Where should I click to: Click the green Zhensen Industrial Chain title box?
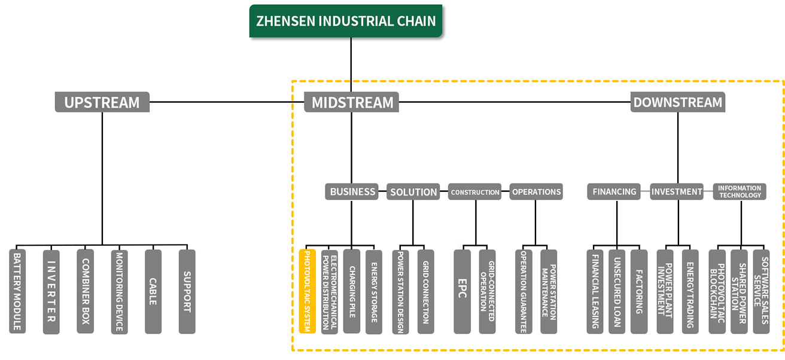pos(346,21)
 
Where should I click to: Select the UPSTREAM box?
pos(102,102)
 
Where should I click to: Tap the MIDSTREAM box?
pos(351,102)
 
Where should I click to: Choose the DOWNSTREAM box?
pos(678,102)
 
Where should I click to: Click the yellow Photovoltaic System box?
pos(308,291)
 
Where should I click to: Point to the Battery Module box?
pos(17,291)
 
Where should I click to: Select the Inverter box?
pos(51,291)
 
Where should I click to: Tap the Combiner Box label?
pos(85,291)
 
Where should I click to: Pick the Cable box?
pos(153,291)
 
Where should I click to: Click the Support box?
pos(187,291)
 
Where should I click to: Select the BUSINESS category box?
pos(351,191)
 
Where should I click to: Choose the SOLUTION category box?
pos(413,191)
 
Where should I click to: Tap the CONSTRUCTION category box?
pos(475,191)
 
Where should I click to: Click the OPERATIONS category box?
pos(536,191)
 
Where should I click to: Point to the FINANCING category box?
pos(614,191)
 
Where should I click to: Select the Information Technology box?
pos(740,191)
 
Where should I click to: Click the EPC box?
pos(463,291)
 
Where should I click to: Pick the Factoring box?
pos(639,291)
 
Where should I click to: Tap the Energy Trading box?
pos(690,291)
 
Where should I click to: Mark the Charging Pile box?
pos(351,291)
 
